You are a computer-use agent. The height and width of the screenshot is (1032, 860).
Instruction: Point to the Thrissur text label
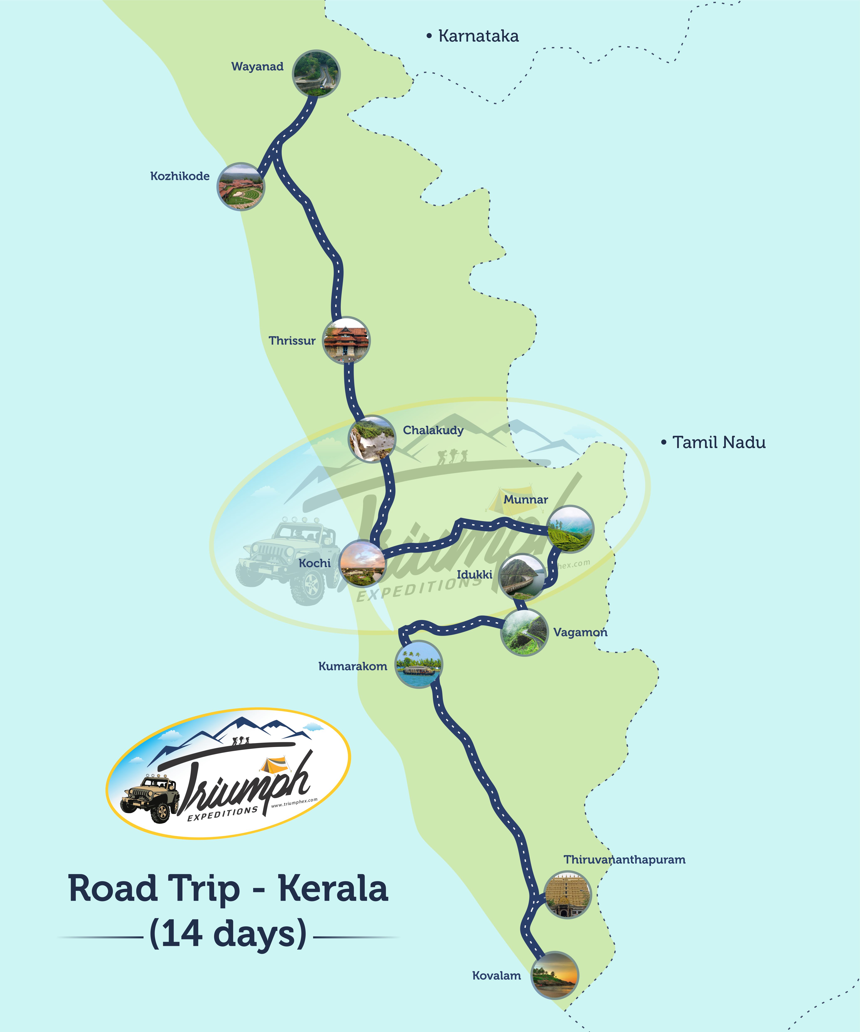[x=292, y=341]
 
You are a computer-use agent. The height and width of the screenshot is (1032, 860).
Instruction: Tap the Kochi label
[x=315, y=563]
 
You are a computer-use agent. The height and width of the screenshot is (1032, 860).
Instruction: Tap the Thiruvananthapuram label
[x=624, y=860]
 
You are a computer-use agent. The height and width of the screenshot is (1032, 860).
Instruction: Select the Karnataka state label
[x=478, y=36]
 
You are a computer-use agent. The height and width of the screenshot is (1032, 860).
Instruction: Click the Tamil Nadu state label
[x=719, y=442]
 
